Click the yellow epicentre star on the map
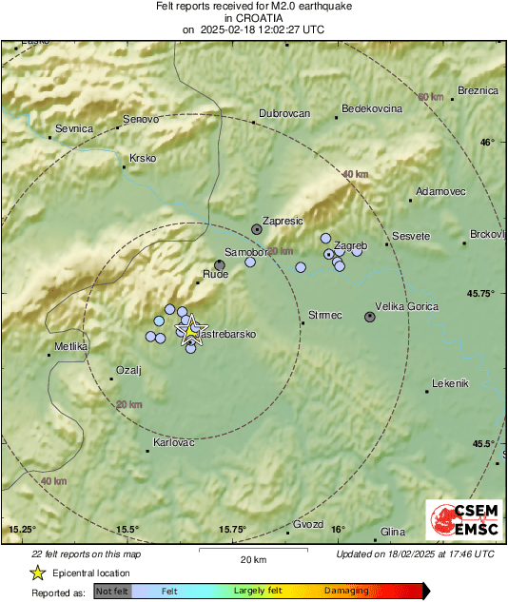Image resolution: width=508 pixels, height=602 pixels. click(x=191, y=329)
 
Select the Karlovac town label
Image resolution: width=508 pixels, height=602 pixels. click(x=174, y=443)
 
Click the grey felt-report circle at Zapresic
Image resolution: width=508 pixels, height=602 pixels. click(x=257, y=228)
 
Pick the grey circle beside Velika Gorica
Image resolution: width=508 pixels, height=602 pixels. click(x=370, y=317)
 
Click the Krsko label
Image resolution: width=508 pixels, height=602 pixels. click(x=143, y=158)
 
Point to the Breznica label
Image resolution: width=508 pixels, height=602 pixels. click(x=478, y=90)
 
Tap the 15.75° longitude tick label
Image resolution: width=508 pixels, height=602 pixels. click(x=233, y=529)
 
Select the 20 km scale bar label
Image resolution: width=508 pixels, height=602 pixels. click(x=253, y=560)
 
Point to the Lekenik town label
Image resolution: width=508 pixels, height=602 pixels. click(x=451, y=383)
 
